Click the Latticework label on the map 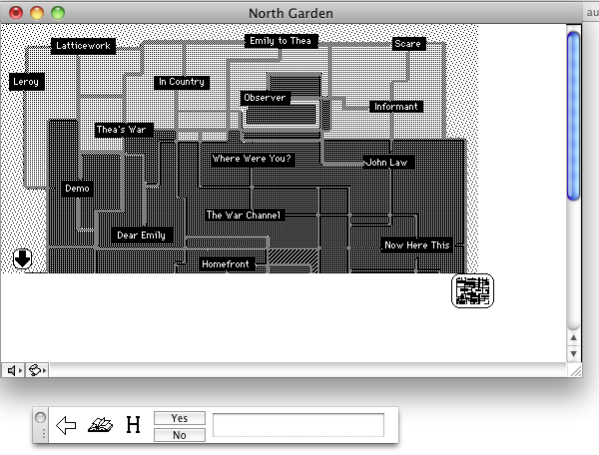coord(84,46)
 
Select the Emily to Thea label coord(282,41)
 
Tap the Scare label coord(408,44)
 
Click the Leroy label coord(27,82)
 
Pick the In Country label coord(181,83)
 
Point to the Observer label coord(265,98)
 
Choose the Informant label coord(395,107)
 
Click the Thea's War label coord(122,130)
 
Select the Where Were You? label coord(252,159)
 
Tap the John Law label coord(388,162)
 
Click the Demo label coord(78,189)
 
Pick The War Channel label coord(245,215)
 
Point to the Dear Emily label coord(141,235)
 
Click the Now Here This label coord(417,245)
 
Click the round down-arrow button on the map coord(23,258)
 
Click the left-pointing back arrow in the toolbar coord(67,427)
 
